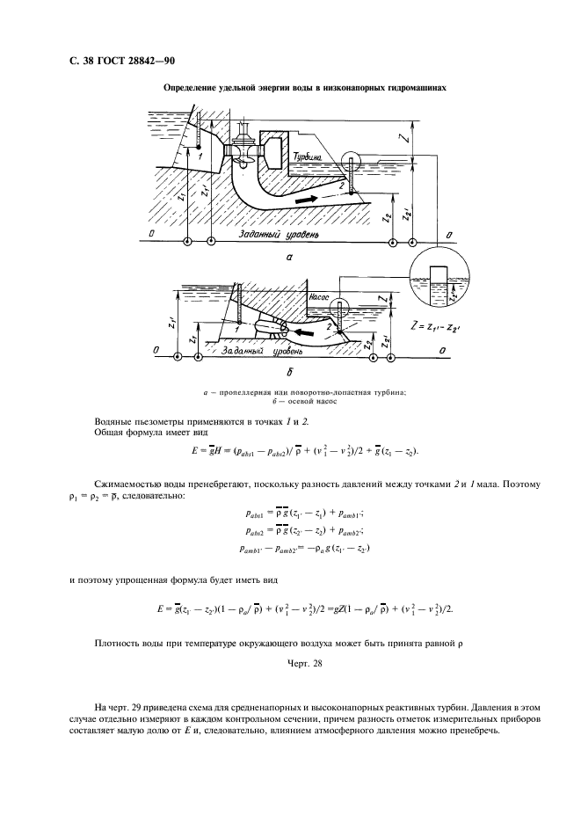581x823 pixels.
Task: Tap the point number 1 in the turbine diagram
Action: (x=201, y=155)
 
